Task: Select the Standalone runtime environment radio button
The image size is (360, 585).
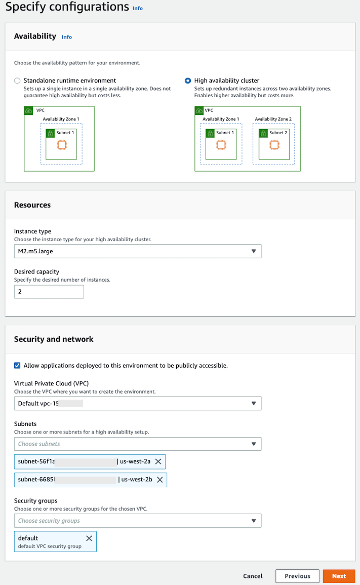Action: pos(17,81)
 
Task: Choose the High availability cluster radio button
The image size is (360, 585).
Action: pos(188,81)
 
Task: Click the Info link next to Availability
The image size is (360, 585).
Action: pos(66,37)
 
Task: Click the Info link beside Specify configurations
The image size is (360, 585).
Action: pos(137,9)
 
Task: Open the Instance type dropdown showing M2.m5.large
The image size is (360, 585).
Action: pos(137,251)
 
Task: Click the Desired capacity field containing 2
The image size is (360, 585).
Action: pos(49,292)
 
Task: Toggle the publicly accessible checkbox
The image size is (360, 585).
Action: pos(17,365)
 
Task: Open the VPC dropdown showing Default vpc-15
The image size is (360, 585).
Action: pos(137,403)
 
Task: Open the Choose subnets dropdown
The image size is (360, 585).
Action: pos(137,444)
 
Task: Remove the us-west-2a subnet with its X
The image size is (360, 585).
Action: pos(158,461)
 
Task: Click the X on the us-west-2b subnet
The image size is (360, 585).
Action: pos(159,480)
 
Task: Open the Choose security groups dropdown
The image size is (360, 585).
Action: pos(137,521)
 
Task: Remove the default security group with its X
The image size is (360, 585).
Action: pos(89,538)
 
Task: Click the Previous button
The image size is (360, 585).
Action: pos(297,576)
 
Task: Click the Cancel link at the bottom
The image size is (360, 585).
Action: pos(253,576)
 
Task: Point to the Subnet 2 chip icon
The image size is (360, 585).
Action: pos(274,145)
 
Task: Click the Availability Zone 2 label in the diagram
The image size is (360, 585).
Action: pos(273,119)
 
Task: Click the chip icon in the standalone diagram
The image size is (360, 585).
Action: pos(61,145)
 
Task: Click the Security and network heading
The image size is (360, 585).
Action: pos(54,339)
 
